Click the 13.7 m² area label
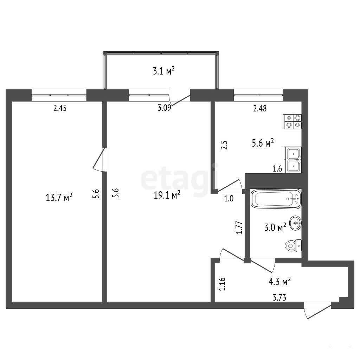(x=59, y=197)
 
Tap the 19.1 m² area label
(x=167, y=195)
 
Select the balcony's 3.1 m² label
(x=164, y=71)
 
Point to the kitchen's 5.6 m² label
(x=263, y=143)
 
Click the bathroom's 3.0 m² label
(x=275, y=227)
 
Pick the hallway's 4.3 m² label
(x=279, y=282)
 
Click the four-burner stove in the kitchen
(x=292, y=122)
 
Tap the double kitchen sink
(x=293, y=160)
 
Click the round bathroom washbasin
(x=295, y=223)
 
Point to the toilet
(x=293, y=245)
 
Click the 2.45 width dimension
(x=60, y=108)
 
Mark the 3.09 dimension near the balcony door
(x=165, y=108)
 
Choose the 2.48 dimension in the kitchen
(x=260, y=108)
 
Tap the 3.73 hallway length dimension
(x=279, y=297)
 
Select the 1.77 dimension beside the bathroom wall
(x=239, y=227)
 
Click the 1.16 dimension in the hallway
(x=222, y=284)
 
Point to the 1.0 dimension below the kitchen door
(x=229, y=198)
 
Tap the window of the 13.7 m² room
(x=59, y=95)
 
